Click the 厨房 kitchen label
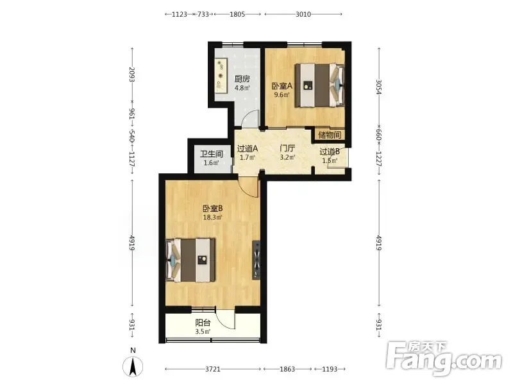coord(242,79)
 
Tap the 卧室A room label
coord(282,86)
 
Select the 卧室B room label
coord(213,209)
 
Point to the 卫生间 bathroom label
coord(212,154)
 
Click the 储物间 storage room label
coord(330,135)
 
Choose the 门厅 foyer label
coord(287,149)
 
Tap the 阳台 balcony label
coord(203,323)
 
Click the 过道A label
coord(248,149)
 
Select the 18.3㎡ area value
coord(213,218)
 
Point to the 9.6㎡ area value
coord(282,95)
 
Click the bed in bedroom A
coord(319,85)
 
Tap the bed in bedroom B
coord(190,261)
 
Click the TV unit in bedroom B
coord(256,261)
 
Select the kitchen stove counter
coord(221,76)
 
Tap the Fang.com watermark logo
coord(444,359)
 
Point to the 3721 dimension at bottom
coord(213,369)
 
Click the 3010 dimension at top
coord(303,14)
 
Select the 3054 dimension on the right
coord(379,87)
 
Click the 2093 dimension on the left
coord(132,74)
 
